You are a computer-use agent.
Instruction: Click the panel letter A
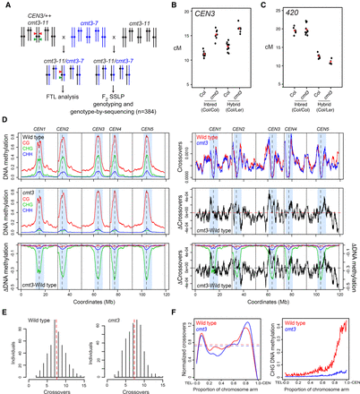[4, 4]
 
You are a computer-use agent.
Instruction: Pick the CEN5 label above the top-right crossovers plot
[321, 129]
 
